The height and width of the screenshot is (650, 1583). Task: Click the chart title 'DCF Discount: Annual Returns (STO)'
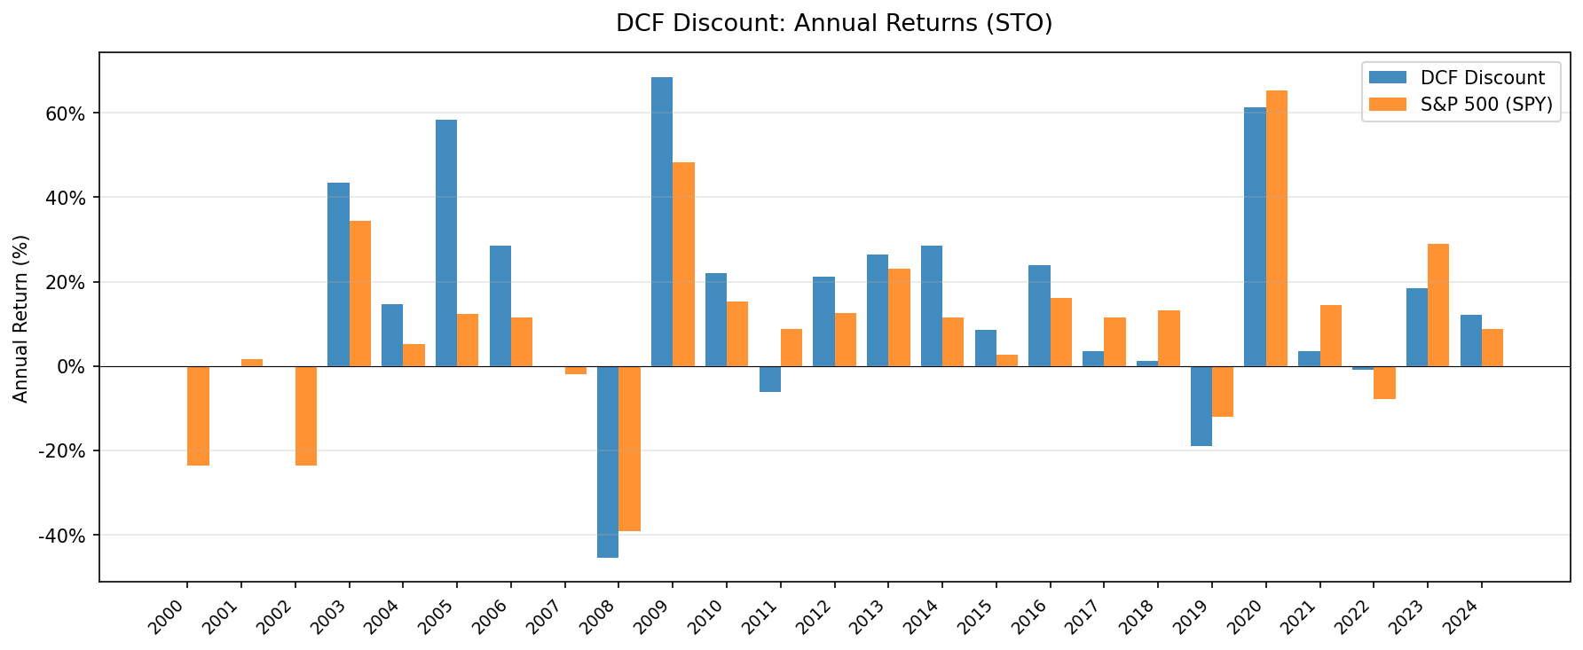click(x=833, y=23)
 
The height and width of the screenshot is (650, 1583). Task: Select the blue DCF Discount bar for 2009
click(x=662, y=222)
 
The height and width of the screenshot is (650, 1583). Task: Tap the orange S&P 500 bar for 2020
click(x=1276, y=228)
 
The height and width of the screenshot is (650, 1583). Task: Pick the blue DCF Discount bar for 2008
click(x=608, y=461)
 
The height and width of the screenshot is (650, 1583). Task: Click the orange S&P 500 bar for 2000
click(x=198, y=415)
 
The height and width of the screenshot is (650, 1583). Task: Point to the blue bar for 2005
click(x=446, y=243)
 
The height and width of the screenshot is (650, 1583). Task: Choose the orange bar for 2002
click(x=306, y=415)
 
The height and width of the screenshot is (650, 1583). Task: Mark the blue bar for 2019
click(x=1201, y=405)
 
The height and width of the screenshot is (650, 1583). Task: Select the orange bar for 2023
click(x=1437, y=305)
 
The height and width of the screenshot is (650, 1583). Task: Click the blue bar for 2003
click(x=338, y=274)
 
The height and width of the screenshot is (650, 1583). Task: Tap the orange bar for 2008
click(x=629, y=448)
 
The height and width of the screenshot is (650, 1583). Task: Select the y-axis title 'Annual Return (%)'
click(x=21, y=318)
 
